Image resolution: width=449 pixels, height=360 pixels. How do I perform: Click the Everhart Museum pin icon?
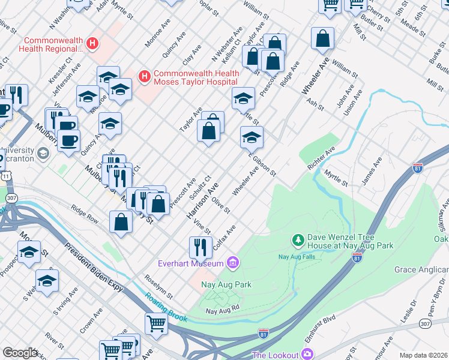coord(234,263)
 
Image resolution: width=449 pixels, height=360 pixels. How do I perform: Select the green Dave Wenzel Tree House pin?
coord(297,241)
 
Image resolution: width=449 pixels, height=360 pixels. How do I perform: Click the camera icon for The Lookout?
coord(307,355)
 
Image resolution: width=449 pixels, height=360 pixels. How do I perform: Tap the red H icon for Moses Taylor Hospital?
coord(144,76)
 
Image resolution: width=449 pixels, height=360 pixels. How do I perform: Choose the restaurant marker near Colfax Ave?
coord(200,246)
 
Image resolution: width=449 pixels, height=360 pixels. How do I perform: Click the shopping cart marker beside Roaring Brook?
coord(156,324)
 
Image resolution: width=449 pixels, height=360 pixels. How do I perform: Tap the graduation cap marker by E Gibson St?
coord(252,137)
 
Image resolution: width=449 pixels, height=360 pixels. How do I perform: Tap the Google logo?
coord(20,353)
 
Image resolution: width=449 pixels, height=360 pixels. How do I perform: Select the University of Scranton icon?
coord(43,154)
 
